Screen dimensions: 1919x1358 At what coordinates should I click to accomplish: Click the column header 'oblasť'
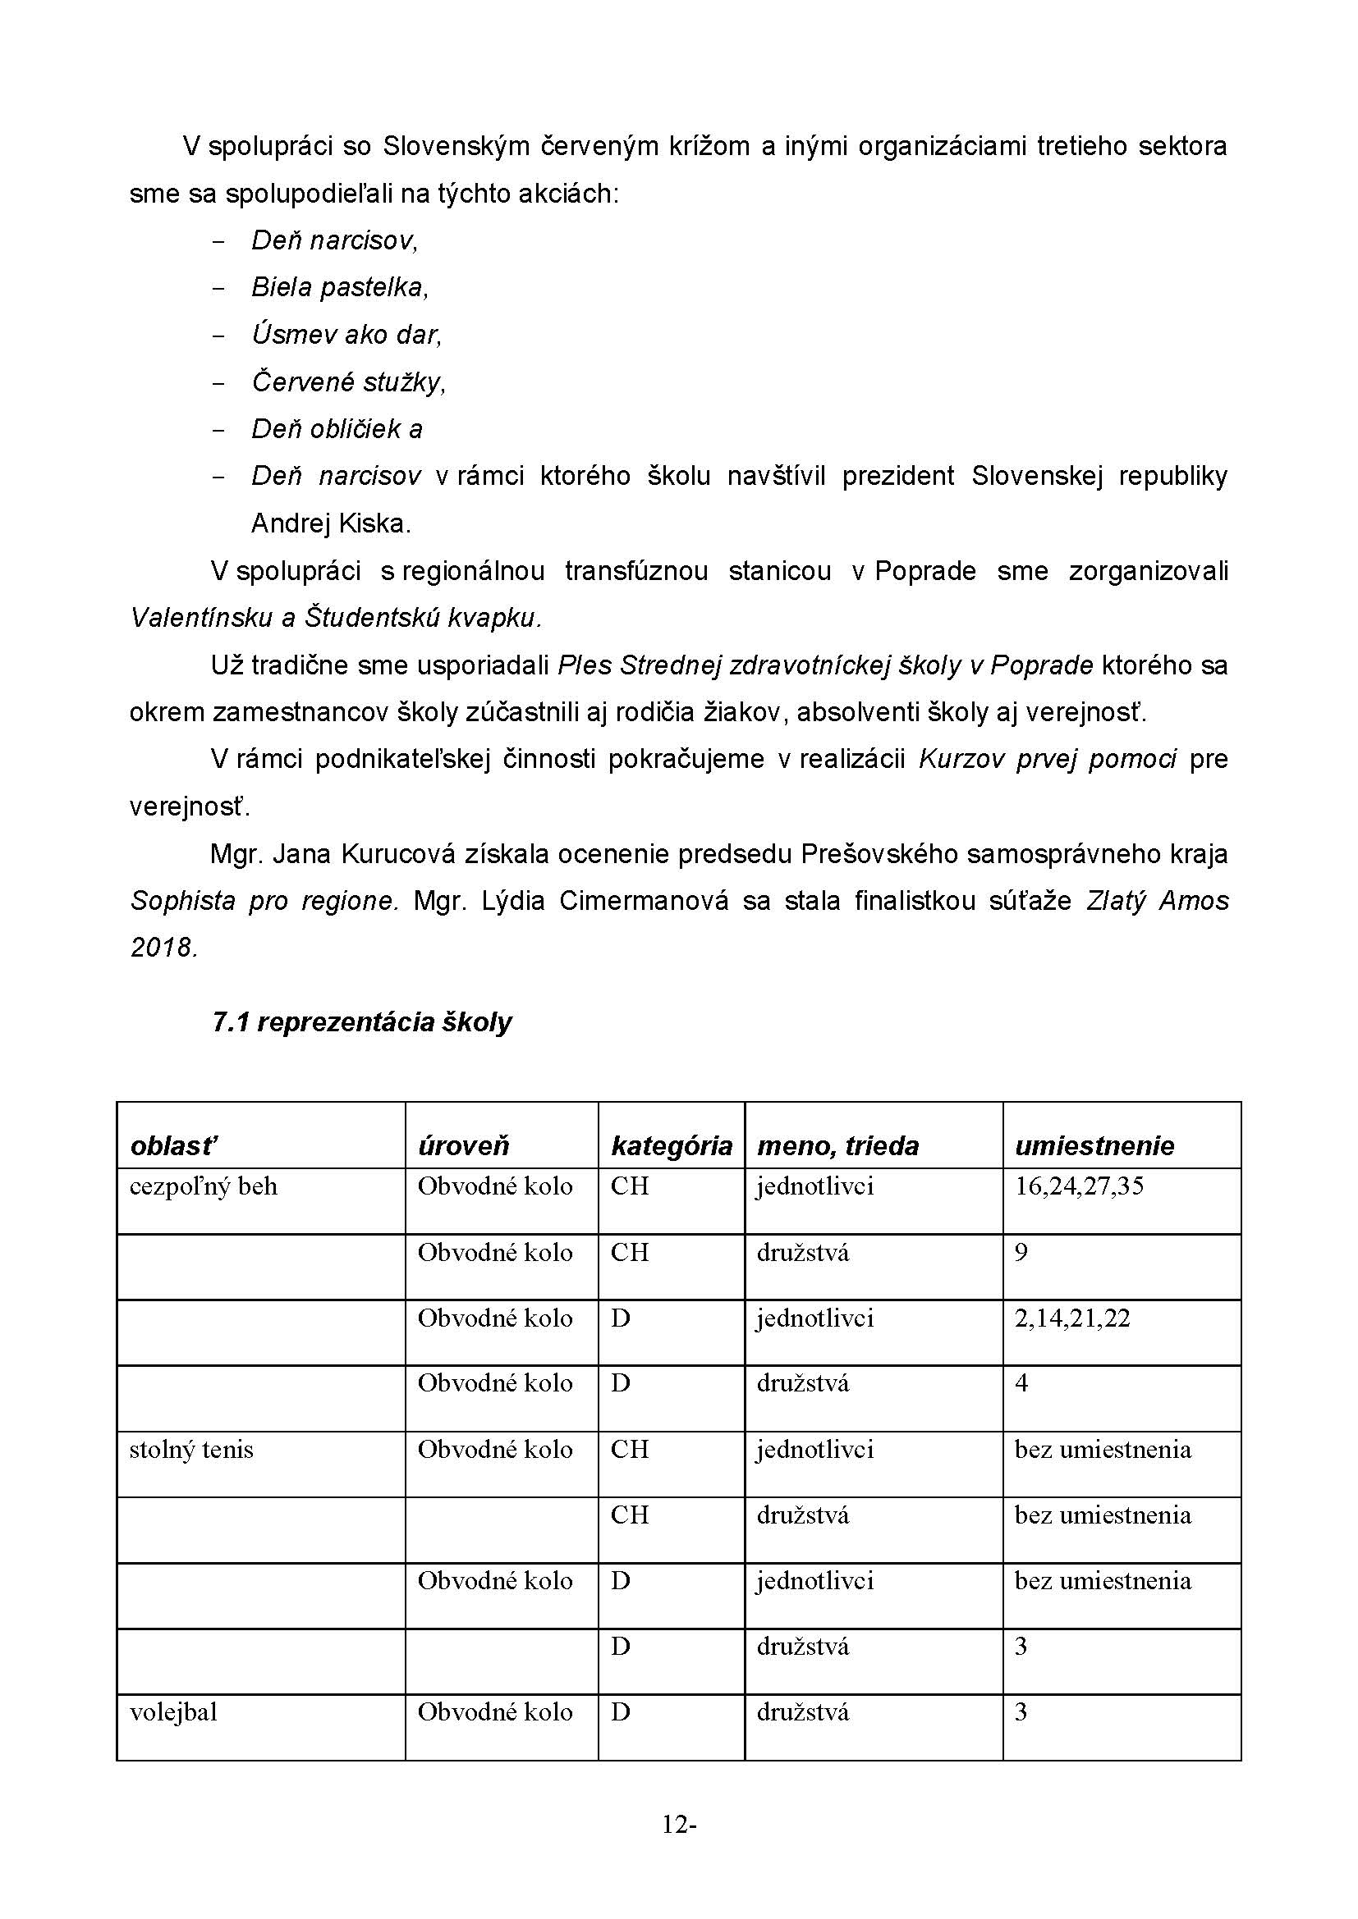(174, 1145)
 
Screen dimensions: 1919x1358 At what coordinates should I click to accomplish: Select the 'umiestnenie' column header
(1094, 1145)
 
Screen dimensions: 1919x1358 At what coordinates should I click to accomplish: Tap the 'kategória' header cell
(672, 1145)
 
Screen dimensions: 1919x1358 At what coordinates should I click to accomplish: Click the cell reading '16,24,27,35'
(1079, 1186)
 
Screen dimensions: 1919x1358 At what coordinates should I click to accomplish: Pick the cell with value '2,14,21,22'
(1072, 1318)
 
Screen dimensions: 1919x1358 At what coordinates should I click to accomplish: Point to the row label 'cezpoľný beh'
(203, 1187)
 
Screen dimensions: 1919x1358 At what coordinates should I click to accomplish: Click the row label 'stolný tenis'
(190, 1449)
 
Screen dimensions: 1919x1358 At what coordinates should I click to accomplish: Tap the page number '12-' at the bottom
(679, 1848)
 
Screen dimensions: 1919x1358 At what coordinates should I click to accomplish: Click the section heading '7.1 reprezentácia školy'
(361, 1022)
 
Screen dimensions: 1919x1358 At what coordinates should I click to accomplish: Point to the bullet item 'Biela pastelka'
(338, 287)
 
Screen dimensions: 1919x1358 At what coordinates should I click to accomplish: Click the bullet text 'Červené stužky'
(348, 382)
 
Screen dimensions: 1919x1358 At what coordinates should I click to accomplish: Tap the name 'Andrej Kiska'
(330, 523)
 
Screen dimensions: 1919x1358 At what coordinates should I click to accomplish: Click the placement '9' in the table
(1021, 1252)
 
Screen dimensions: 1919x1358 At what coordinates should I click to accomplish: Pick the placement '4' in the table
(1021, 1383)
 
